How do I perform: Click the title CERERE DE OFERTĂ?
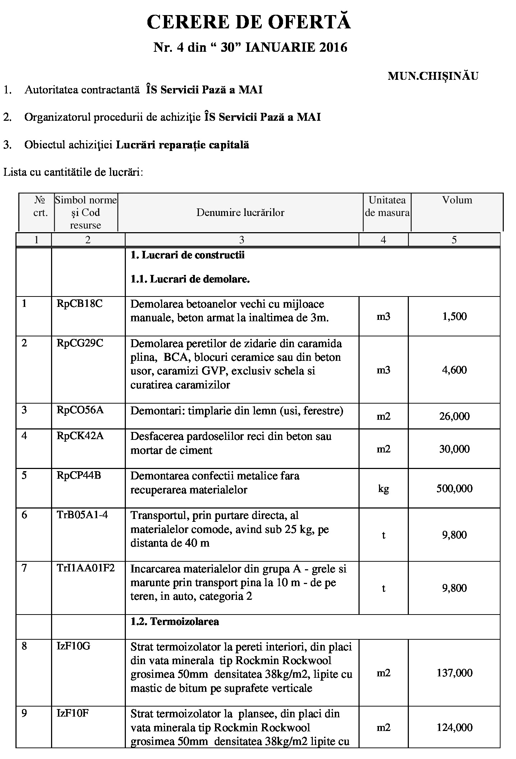pos(248,22)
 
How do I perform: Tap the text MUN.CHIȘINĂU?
pos(433,76)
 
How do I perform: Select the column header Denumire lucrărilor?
pos(240,212)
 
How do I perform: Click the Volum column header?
pos(457,200)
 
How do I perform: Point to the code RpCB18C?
pos(79,304)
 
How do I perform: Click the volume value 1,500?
pos(455,316)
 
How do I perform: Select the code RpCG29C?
pos(80,343)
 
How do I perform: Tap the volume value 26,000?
pos(455,416)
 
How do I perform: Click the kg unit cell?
pos(384,489)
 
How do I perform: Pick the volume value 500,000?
pos(455,488)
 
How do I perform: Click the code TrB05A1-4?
pos(82,515)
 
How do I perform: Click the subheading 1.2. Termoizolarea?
pos(175,621)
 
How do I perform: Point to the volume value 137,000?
pos(455,673)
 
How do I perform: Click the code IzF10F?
pos(73,713)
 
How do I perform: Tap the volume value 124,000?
pos(455,727)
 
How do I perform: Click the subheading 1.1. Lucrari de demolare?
pos(190,279)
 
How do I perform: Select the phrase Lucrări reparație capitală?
pos(183,145)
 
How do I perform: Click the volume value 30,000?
pos(455,449)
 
